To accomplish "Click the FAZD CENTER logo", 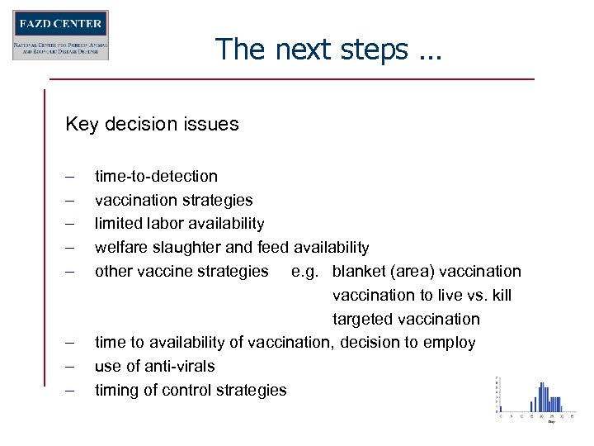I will click(60, 35).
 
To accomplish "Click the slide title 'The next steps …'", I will click(328, 50).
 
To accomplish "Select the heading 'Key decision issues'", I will click(153, 125).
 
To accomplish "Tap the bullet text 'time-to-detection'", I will click(157, 176).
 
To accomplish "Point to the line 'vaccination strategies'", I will click(174, 200).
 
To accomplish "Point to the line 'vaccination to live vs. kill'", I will click(422, 296).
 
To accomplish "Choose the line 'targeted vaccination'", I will click(406, 320).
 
